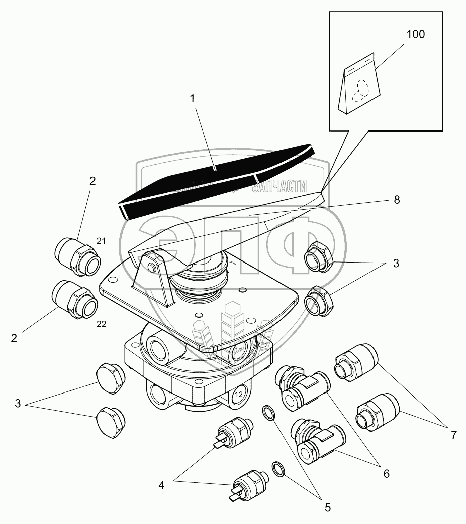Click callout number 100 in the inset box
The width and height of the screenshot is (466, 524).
pyautogui.click(x=416, y=35)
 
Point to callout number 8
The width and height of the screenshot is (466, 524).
pyautogui.click(x=397, y=199)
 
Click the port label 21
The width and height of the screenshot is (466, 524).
pyautogui.click(x=101, y=241)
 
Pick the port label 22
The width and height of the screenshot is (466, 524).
pyautogui.click(x=101, y=324)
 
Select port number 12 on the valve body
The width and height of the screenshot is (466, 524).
pyautogui.click(x=239, y=395)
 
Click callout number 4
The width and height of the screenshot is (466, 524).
pyautogui.click(x=161, y=485)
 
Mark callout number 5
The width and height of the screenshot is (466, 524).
pyautogui.click(x=327, y=507)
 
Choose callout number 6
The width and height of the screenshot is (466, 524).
pyautogui.click(x=386, y=473)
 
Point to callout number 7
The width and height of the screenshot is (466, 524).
pyautogui.click(x=453, y=435)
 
